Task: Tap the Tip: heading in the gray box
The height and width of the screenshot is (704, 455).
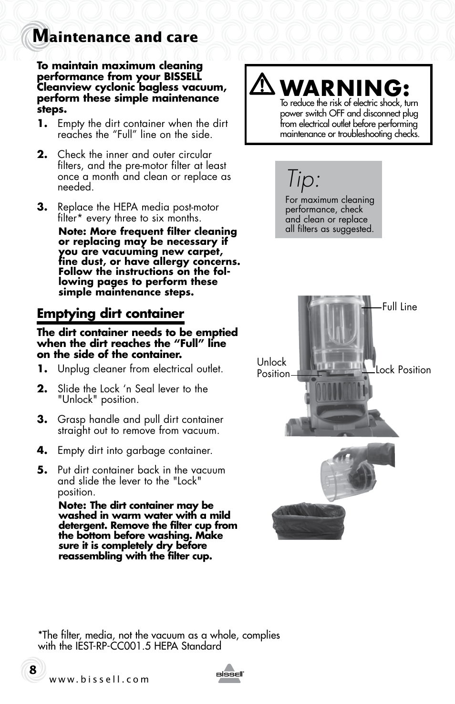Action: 303,179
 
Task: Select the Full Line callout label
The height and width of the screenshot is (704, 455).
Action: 399,307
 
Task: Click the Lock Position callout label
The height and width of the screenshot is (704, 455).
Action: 403,370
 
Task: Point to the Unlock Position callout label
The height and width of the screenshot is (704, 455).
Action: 273,368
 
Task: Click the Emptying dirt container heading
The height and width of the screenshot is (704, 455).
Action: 110,314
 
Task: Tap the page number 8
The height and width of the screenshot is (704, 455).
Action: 32,670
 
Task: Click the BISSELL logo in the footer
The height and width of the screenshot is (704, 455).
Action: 230,674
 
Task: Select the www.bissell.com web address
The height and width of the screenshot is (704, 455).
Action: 99,680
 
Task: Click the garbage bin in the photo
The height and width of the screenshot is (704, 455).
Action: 308,521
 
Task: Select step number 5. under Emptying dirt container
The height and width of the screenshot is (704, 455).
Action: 42,470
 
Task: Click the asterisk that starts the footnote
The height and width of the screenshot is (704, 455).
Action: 40,634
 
